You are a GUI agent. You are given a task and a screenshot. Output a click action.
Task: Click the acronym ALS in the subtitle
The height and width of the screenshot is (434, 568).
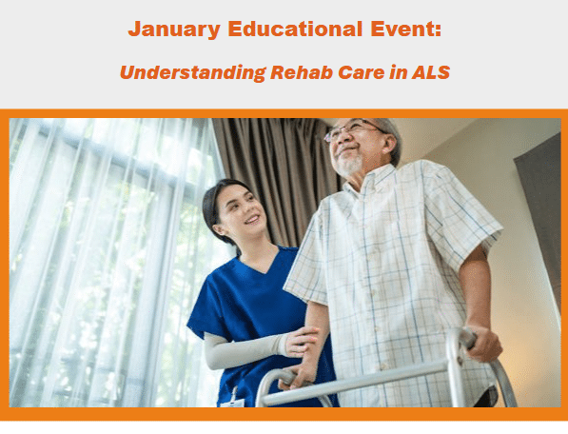(428, 71)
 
